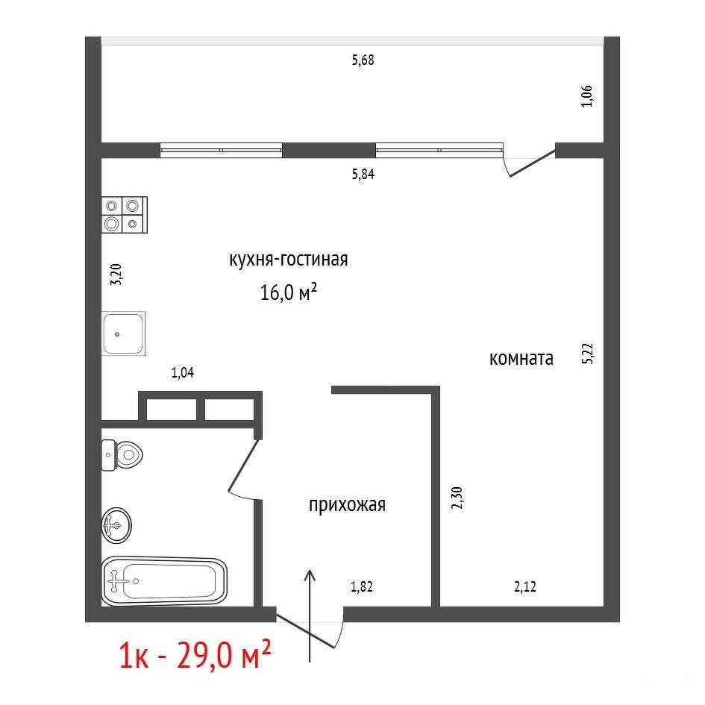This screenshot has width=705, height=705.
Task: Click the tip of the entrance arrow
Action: click(x=310, y=570)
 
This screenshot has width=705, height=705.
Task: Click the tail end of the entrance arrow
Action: click(x=310, y=662)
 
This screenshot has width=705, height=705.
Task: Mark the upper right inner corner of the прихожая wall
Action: click(x=432, y=394)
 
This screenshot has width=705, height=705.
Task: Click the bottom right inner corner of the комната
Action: click(x=604, y=607)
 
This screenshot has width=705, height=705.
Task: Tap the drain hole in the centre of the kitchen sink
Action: click(x=118, y=334)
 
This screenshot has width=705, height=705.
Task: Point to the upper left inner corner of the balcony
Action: click(x=101, y=45)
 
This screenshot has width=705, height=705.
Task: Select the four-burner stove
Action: click(x=125, y=215)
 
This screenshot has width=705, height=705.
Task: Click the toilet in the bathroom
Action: click(x=122, y=455)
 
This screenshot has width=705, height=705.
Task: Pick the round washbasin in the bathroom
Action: click(x=116, y=525)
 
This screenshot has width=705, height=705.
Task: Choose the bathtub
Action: click(x=164, y=581)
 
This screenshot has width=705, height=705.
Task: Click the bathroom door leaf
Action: click(x=243, y=466)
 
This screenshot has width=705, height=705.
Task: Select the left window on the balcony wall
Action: click(x=222, y=150)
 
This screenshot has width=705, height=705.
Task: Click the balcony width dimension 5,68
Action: click(x=363, y=60)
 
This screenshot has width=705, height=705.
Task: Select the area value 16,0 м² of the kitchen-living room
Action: click(x=289, y=292)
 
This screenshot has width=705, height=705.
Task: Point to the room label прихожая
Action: click(x=347, y=505)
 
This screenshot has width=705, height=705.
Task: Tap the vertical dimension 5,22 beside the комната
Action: click(x=588, y=354)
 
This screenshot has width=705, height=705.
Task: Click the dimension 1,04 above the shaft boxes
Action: click(x=183, y=373)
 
